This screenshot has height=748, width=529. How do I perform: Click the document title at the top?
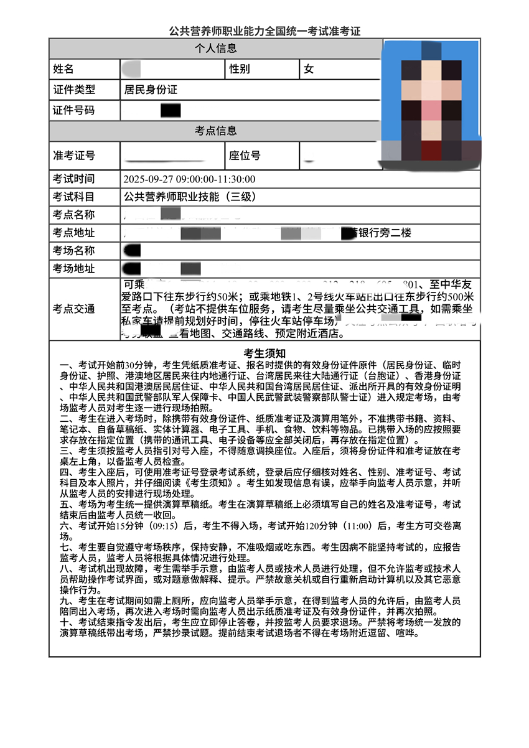coord(264,30)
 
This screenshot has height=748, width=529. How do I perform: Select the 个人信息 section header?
coord(215,49)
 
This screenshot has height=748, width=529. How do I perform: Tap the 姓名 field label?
coord(63,69)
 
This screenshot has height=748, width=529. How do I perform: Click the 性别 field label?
coord(240,69)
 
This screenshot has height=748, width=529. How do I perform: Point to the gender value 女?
coord(309,69)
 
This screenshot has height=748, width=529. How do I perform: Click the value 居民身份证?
coord(151,90)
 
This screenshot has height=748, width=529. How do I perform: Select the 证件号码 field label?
coord(74,111)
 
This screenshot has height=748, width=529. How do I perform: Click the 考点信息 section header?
coord(215,131)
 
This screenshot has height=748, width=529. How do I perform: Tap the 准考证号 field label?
coord(74,155)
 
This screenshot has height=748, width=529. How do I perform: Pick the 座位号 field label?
coord(245,155)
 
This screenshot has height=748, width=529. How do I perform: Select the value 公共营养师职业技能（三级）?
coord(190,197)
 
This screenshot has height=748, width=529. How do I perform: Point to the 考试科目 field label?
coord(74,197)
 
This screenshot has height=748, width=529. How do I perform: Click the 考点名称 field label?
coord(74,215)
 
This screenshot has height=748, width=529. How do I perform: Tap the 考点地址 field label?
coord(74,233)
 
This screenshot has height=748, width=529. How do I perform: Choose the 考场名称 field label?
coord(74,251)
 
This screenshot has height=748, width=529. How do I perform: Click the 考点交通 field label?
coord(74,309)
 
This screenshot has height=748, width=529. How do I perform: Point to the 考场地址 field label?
coord(74,269)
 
